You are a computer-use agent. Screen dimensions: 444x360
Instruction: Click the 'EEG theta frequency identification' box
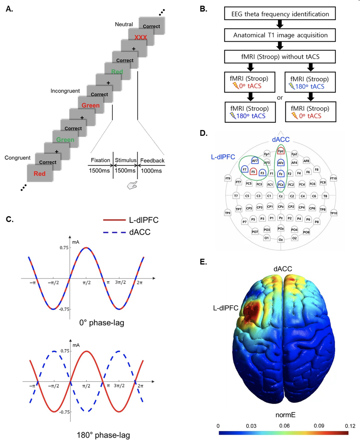[x=280, y=15]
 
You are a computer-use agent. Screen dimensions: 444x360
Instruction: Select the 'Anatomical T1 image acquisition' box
[x=280, y=35]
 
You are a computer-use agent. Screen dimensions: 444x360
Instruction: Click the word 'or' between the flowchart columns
[x=280, y=97]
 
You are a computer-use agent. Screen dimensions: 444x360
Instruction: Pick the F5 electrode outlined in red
[x=253, y=172]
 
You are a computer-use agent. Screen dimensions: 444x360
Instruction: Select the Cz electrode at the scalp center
[x=281, y=196]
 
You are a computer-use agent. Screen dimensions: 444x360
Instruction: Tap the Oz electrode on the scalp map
[x=281, y=240]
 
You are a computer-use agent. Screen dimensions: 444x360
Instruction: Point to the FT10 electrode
[x=334, y=178]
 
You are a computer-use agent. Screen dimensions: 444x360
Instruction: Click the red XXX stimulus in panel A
[x=141, y=37]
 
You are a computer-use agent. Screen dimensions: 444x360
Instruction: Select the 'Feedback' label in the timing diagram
[x=151, y=161]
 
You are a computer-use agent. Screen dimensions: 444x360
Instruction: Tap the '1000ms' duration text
[x=151, y=170]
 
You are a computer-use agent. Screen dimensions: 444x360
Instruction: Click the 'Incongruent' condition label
[x=65, y=91]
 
